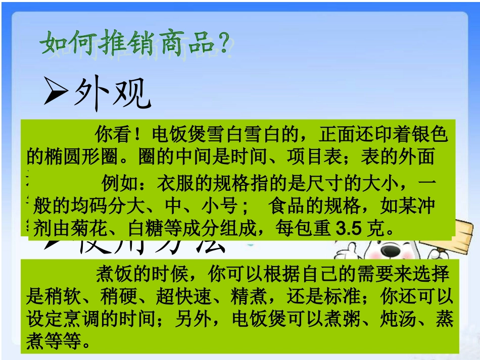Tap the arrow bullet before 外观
pyautogui.click(x=55, y=92)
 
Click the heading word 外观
pyautogui.click(x=112, y=93)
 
